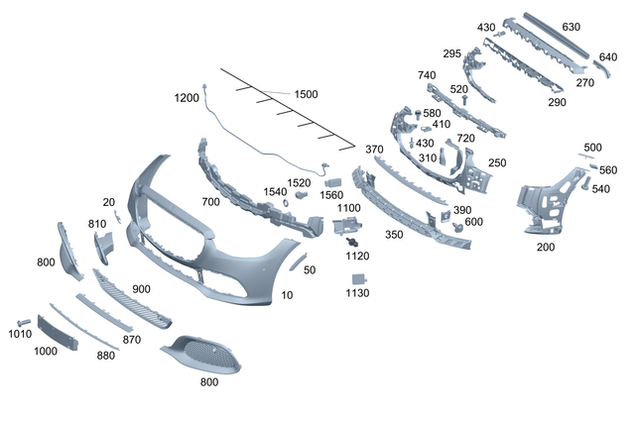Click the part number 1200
(187, 98)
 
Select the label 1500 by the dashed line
(306, 94)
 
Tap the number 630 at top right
(598, 27)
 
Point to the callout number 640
(608, 56)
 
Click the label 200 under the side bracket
(546, 247)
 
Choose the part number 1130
(357, 294)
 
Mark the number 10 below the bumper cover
(287, 295)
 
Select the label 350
(394, 235)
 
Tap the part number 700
(210, 201)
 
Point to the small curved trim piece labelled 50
(297, 261)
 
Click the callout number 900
(141, 288)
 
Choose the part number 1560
(331, 195)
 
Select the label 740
(427, 75)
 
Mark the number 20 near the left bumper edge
(108, 202)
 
